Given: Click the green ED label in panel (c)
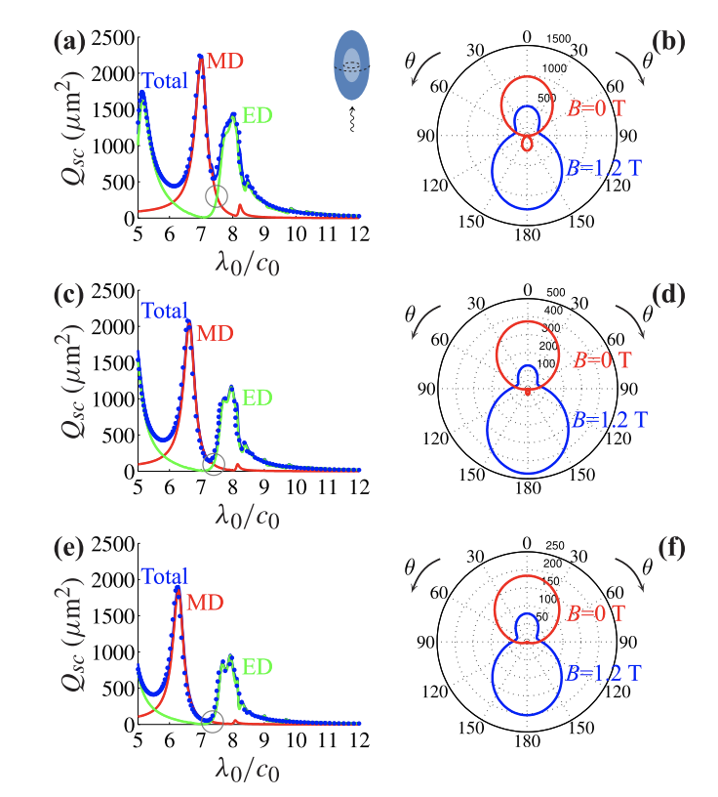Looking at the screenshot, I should (x=258, y=398).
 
